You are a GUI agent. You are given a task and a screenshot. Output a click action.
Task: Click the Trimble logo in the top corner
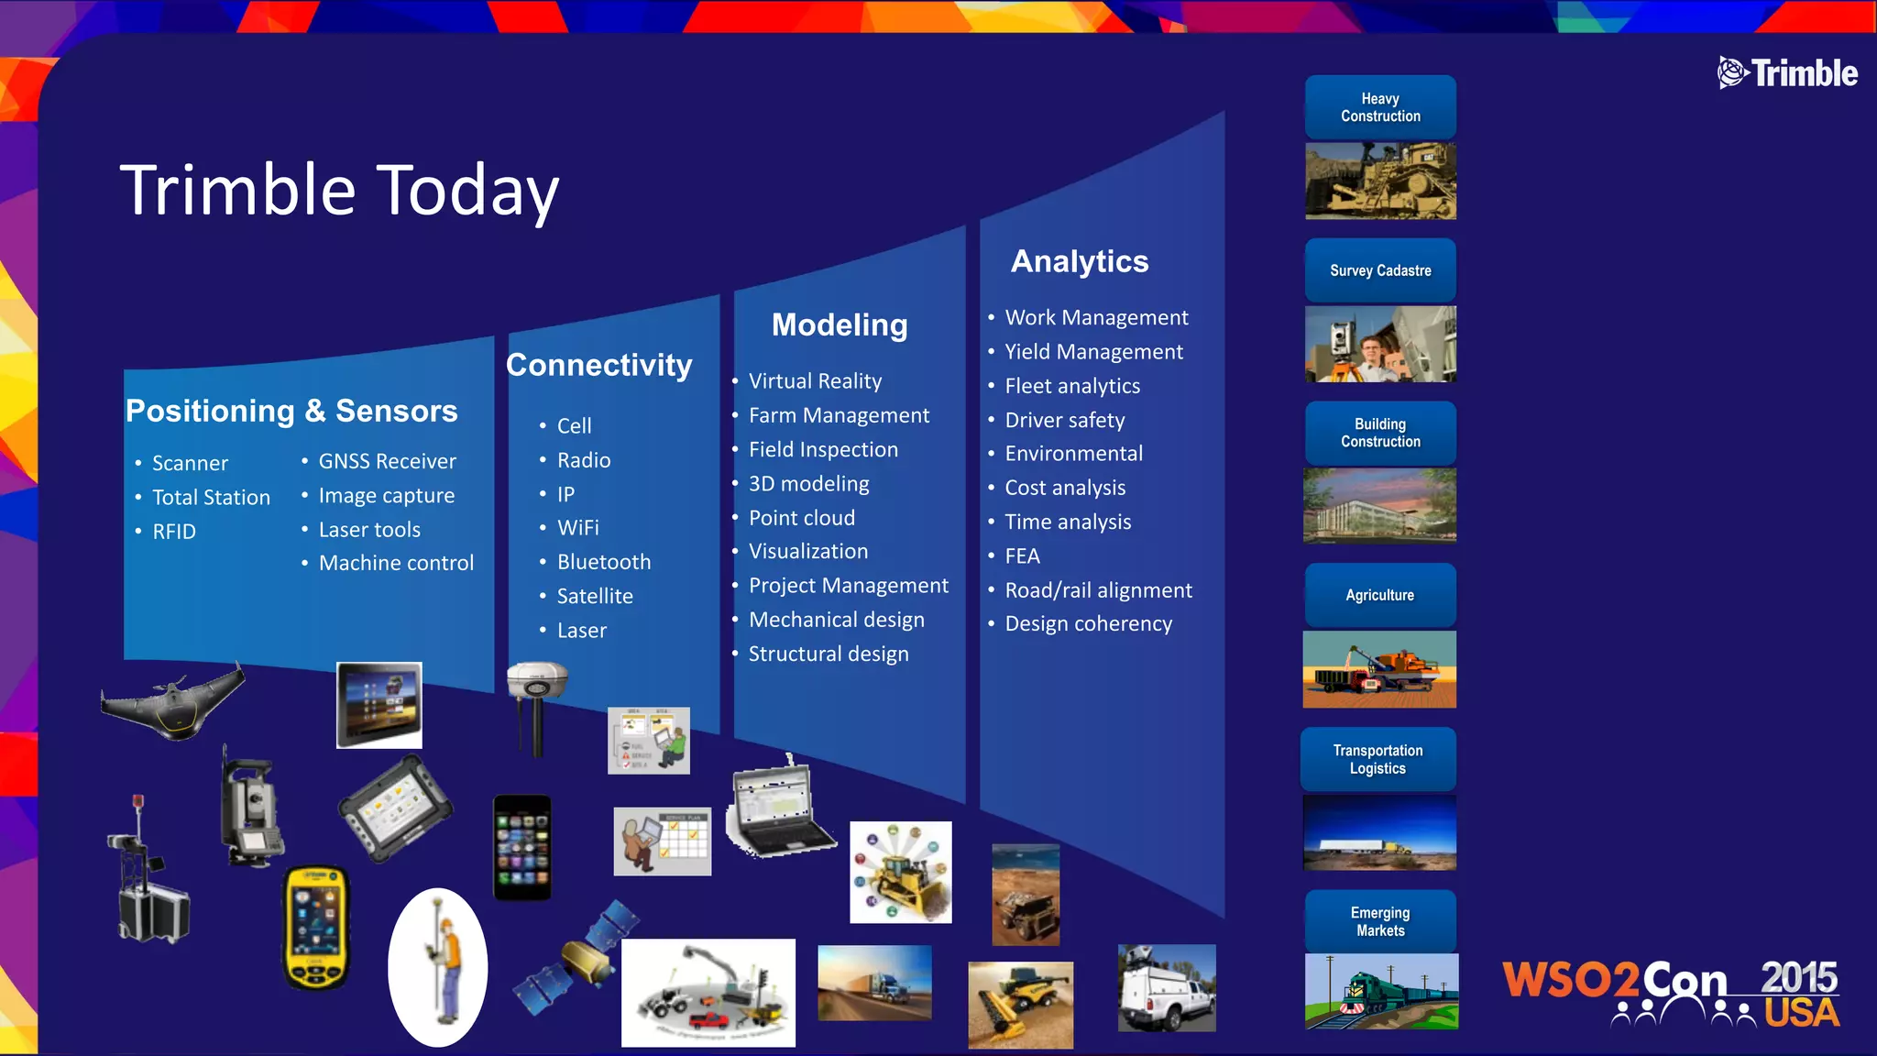pos(1787,72)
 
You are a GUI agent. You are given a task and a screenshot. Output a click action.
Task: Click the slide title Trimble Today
pos(339,190)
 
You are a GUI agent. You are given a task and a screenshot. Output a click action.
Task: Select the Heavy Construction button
pos(1380,107)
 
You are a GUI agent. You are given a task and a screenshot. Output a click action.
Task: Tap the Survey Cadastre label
pos(1380,270)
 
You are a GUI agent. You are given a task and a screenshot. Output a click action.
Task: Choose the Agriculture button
pos(1379,595)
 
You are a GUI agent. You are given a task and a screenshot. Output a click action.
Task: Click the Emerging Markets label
pos(1380,921)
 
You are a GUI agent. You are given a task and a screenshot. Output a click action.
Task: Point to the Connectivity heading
pos(598,365)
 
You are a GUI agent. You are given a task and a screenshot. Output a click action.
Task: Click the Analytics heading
pos(1079,261)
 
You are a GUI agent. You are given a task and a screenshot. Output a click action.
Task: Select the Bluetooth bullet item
pos(603,562)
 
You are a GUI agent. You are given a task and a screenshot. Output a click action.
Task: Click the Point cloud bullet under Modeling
pos(801,518)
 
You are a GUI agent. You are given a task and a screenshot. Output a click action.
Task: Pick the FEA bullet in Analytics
pos(1022,556)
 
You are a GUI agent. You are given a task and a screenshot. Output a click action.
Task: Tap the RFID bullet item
pos(174,532)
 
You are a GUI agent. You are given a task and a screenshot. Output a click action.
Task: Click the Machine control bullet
pos(396,563)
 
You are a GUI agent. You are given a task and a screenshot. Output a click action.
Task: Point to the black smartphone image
pos(522,847)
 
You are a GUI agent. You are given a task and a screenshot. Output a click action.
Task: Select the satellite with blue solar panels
pos(576,958)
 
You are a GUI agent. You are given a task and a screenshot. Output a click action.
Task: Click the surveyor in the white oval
pos(438,968)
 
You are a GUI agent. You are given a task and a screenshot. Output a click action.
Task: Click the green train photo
pos(1381,992)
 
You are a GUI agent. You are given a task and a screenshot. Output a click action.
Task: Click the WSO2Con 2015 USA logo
pos(1670,993)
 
